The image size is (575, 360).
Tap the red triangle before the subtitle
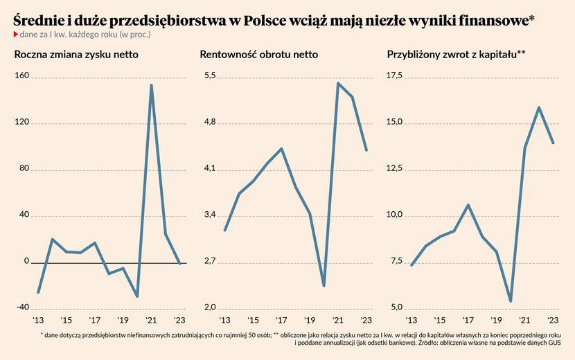pyautogui.click(x=16, y=35)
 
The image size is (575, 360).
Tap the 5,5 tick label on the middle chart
pyautogui.click(x=209, y=76)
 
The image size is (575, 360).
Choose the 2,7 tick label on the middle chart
pyautogui.click(x=209, y=262)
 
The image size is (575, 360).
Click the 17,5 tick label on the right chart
pyautogui.click(x=395, y=76)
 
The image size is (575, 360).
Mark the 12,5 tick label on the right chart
pyautogui.click(x=395, y=169)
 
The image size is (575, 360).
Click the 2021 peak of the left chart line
pyautogui.click(x=151, y=85)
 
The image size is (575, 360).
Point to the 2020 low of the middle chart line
pyautogui.click(x=324, y=285)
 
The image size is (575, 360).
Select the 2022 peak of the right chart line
pyautogui.click(x=538, y=107)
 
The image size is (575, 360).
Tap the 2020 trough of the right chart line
pyautogui.click(x=510, y=301)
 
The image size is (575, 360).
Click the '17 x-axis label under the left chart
pyautogui.click(x=94, y=321)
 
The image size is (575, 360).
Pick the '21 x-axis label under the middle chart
pyautogui.click(x=337, y=321)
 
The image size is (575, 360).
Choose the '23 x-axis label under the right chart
pyautogui.click(x=552, y=321)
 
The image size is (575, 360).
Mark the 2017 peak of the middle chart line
pyautogui.click(x=281, y=149)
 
